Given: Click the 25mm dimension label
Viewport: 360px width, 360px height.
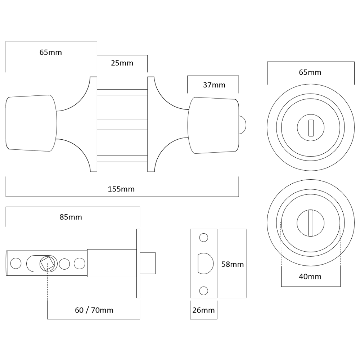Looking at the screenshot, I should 122,64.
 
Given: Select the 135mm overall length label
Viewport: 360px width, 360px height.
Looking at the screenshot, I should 122,189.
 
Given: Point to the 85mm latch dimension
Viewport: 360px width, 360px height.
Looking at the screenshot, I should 71,217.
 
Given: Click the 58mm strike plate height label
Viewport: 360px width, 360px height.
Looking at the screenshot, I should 232,265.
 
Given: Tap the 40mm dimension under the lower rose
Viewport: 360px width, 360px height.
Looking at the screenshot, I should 310,277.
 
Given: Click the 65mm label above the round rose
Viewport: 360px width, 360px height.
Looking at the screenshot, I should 310,72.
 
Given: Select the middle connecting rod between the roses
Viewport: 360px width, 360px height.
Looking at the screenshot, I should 122,125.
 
